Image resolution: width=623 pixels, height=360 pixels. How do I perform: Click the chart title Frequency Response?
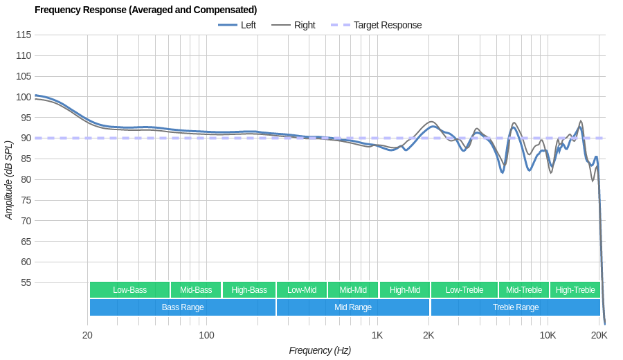[x=145, y=10]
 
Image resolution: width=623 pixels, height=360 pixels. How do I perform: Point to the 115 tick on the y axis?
[x=24, y=35]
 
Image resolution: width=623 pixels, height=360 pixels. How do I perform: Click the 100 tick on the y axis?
[x=24, y=97]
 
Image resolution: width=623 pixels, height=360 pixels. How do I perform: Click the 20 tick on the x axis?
[x=87, y=335]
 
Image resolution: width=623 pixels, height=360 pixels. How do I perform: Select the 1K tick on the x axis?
[x=377, y=335]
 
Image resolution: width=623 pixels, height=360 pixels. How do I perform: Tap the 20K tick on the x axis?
[x=599, y=335]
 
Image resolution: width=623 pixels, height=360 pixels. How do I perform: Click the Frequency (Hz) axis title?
[x=320, y=350]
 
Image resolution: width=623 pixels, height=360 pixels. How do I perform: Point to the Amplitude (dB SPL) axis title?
[x=9, y=180]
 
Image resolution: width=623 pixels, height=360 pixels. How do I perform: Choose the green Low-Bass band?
[x=129, y=290]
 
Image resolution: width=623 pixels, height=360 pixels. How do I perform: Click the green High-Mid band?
[x=404, y=290]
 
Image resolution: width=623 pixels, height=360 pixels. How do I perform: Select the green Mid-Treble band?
[x=523, y=290]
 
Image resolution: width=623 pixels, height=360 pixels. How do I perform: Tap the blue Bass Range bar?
[x=182, y=307]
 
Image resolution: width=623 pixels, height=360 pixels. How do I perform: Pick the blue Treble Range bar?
[x=515, y=307]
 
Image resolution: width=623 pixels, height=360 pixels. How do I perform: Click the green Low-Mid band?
[x=302, y=290]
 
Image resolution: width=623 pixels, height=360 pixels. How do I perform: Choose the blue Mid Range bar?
[x=352, y=307]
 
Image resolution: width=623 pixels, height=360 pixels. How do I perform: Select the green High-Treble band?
[x=575, y=290]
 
